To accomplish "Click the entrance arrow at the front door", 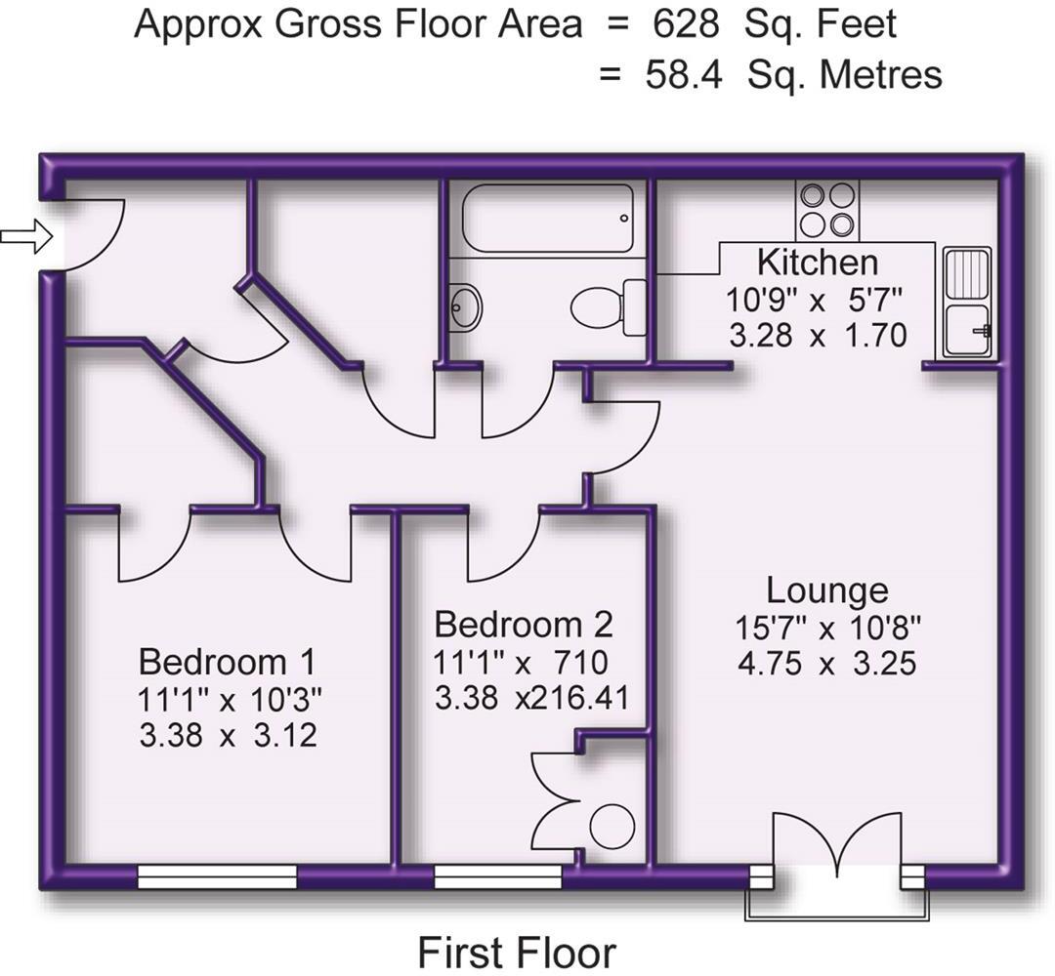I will [25, 236].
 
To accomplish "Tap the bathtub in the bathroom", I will [548, 219].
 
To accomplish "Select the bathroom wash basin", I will [465, 308].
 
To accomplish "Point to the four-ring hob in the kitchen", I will [826, 211].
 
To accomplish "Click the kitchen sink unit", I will [968, 302].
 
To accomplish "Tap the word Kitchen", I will [818, 263].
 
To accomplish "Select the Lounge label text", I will [826, 590].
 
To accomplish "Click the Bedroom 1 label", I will [227, 662].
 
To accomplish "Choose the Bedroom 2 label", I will [524, 624].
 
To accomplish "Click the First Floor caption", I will [517, 952].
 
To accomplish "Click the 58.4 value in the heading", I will [684, 75].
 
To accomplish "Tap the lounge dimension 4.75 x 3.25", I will [826, 665].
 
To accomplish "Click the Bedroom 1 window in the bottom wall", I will [217, 876].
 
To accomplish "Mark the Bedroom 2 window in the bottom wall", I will [498, 876].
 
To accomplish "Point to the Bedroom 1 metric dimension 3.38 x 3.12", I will [228, 735].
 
